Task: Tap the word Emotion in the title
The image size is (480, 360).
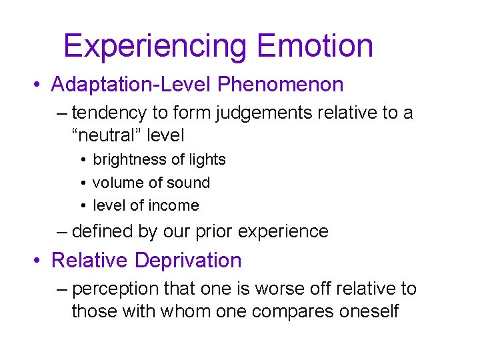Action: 315,45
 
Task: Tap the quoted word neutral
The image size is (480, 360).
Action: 105,135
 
